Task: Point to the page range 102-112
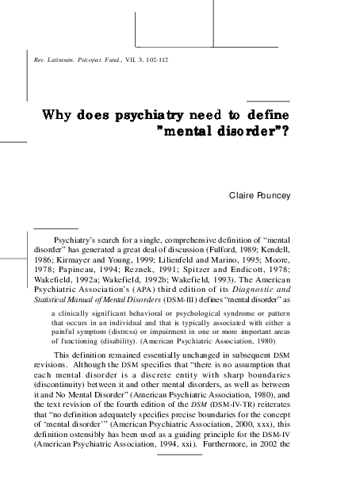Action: [151, 60]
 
